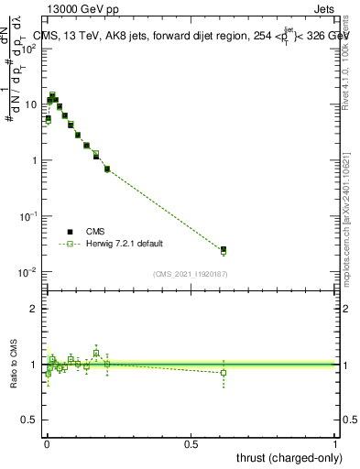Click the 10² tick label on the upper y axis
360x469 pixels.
coord(28,48)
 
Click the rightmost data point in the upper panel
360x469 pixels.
coord(224,249)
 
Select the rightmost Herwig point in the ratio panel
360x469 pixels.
coord(224,373)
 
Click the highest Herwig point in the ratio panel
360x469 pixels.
coord(96,353)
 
